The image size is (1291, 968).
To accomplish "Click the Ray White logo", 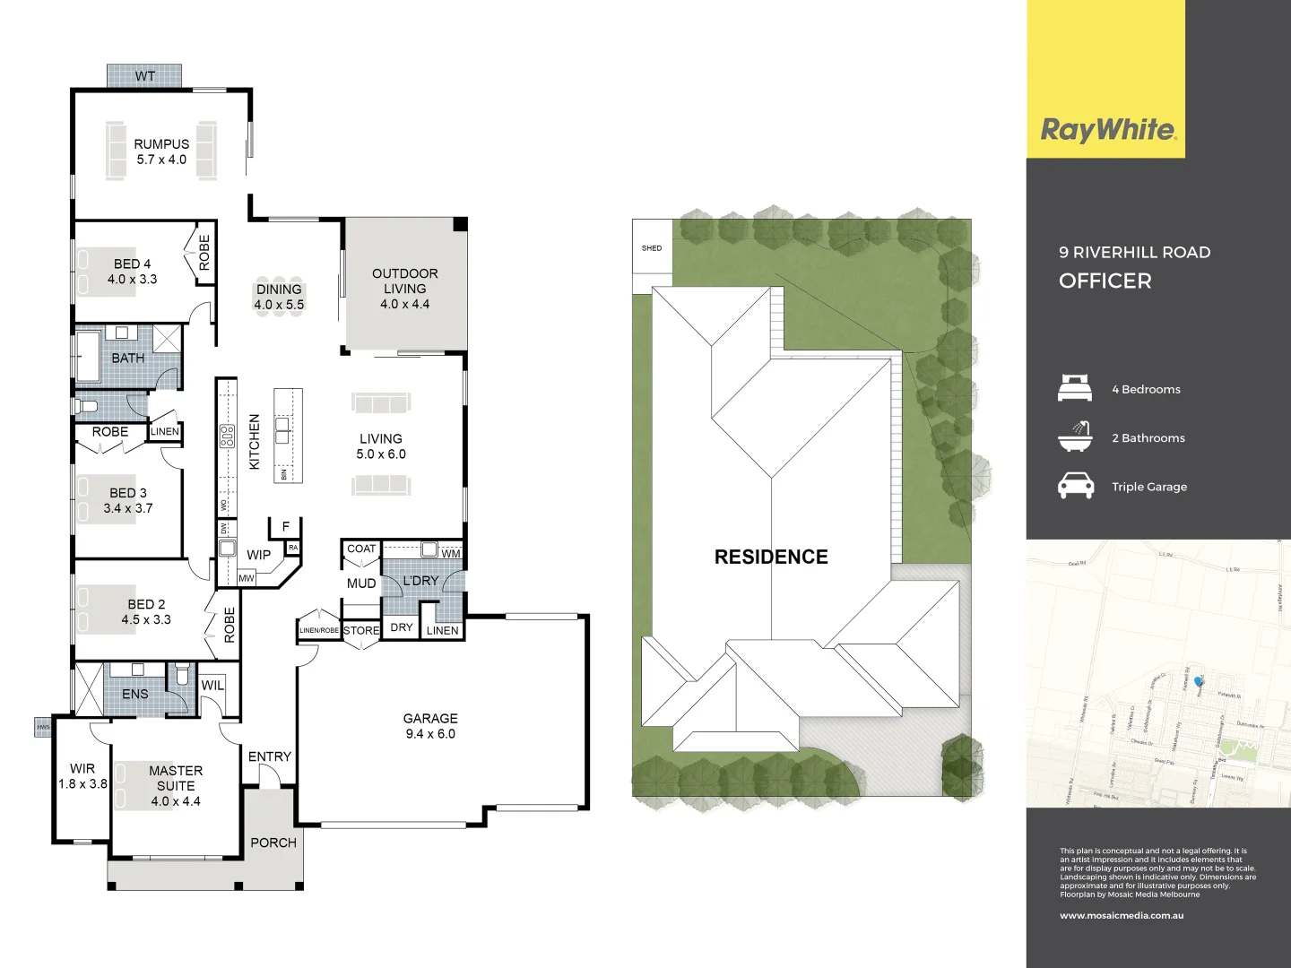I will click(1107, 131).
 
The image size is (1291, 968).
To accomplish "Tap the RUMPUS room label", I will click(161, 143).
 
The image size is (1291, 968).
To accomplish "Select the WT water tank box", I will click(144, 76).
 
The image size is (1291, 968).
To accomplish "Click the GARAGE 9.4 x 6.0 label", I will click(430, 726).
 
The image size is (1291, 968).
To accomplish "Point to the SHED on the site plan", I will click(652, 248).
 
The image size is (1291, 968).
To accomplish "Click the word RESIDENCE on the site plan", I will click(771, 557).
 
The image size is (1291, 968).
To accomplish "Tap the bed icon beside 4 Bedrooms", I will click(1075, 388).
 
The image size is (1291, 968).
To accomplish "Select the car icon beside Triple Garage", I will click(1075, 486).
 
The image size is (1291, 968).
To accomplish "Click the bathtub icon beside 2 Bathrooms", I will click(1075, 437).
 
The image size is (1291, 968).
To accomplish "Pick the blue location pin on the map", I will click(1199, 682).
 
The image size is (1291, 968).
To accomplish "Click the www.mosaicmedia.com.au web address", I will click(1122, 916).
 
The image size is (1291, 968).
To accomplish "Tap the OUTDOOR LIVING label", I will click(405, 281).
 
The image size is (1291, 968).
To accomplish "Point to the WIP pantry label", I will click(258, 555).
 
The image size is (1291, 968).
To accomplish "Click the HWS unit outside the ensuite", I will click(43, 727).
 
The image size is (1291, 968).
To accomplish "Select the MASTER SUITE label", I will click(176, 778).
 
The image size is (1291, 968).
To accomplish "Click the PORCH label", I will click(273, 843).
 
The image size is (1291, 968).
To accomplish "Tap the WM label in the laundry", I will click(450, 554).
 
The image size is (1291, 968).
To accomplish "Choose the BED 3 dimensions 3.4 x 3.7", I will click(128, 508).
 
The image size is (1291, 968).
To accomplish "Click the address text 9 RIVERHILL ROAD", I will click(1134, 253).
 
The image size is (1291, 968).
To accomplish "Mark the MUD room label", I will click(361, 583).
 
